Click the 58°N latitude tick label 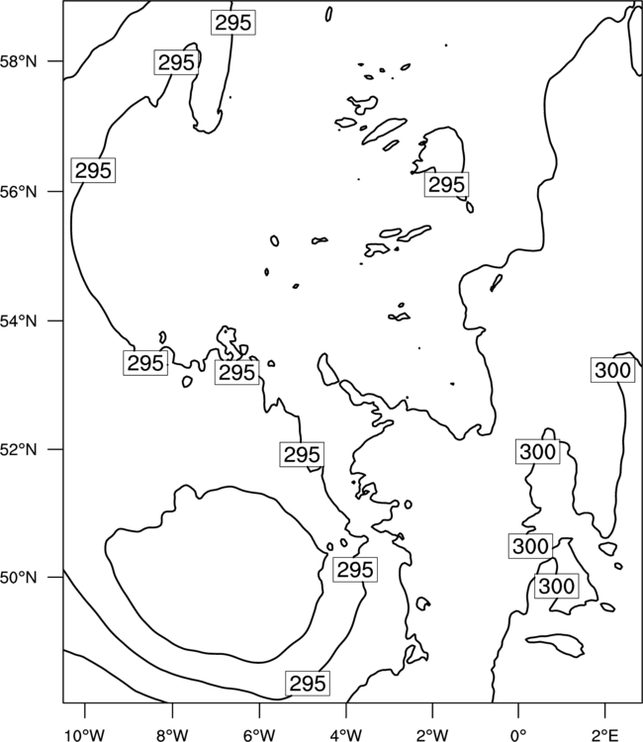(x=19, y=61)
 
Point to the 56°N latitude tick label (x=19, y=192)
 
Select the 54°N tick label (x=19, y=321)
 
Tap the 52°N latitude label (x=19, y=449)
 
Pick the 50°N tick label (x=19, y=578)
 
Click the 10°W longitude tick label (x=85, y=735)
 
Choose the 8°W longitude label (x=172, y=735)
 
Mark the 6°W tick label (x=259, y=735)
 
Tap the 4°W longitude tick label (x=346, y=735)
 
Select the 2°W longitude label (x=432, y=735)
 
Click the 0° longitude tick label (x=518, y=735)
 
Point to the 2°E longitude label (x=605, y=735)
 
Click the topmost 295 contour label (x=233, y=22)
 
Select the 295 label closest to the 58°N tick (x=176, y=62)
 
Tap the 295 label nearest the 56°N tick (x=93, y=170)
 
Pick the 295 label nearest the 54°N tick (x=145, y=363)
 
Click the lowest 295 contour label (x=308, y=684)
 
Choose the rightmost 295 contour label (x=447, y=185)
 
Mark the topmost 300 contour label (x=612, y=370)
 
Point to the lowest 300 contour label (x=556, y=586)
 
